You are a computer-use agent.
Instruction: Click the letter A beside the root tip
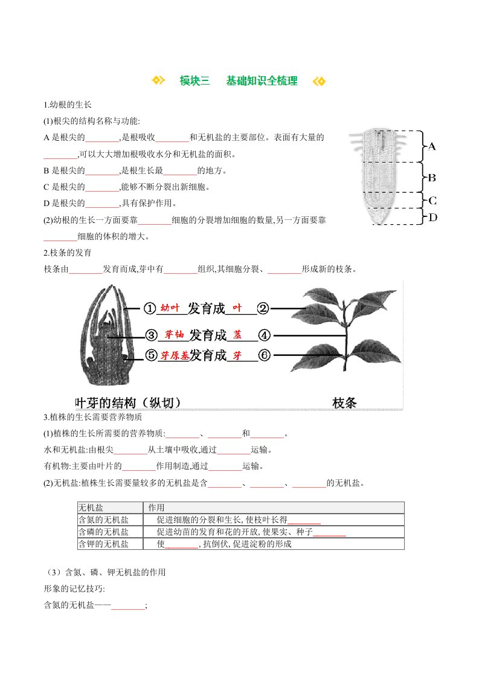point(432,146)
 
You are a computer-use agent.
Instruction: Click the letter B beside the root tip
point(432,178)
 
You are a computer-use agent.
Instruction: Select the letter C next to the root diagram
point(432,201)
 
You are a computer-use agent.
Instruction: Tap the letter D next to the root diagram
point(432,217)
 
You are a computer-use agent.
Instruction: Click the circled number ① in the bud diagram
point(150,309)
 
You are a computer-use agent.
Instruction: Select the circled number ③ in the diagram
point(150,335)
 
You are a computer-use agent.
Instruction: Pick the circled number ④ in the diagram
point(264,335)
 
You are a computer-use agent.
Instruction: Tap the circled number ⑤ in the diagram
point(150,356)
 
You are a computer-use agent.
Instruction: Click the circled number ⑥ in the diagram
point(264,356)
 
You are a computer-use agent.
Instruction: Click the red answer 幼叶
point(170,308)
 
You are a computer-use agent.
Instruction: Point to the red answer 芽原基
point(175,355)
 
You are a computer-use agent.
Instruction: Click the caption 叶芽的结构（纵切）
point(127,402)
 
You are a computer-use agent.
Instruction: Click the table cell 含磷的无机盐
point(104,532)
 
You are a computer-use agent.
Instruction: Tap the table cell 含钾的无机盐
point(104,544)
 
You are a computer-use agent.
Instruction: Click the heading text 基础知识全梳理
point(262,81)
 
